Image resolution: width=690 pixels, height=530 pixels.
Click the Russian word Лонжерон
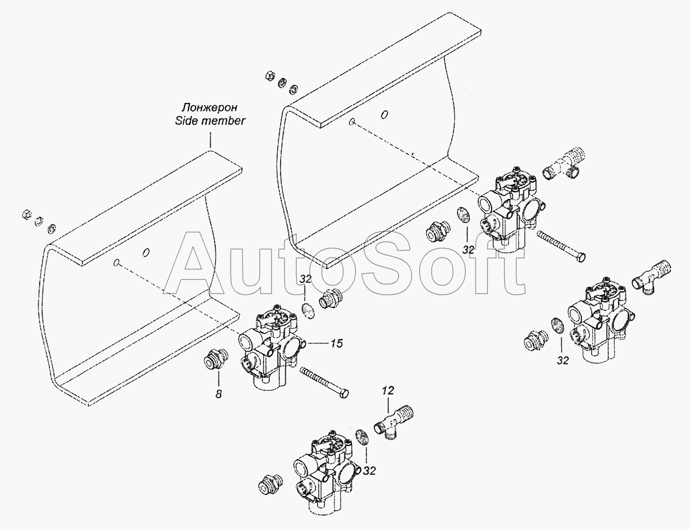(209, 107)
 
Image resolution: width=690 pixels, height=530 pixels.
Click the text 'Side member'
(210, 121)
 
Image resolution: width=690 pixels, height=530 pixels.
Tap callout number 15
(336, 343)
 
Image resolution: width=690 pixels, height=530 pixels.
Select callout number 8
(218, 394)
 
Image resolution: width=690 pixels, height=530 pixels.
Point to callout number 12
(388, 390)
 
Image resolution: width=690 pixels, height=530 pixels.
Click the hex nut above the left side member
(26, 215)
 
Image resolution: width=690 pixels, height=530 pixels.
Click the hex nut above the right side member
(270, 77)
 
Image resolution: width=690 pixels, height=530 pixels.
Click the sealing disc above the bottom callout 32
(362, 437)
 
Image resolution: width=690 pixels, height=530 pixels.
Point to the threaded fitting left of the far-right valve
(536, 340)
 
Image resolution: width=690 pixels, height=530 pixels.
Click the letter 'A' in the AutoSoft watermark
(194, 263)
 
